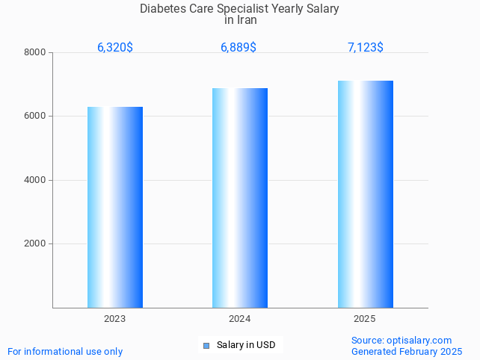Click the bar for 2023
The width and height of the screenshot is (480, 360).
[115, 207]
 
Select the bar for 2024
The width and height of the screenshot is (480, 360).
[240, 198]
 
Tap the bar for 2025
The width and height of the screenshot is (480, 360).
[365, 194]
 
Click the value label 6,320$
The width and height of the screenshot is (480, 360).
[115, 48]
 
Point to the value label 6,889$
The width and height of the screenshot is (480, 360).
[239, 48]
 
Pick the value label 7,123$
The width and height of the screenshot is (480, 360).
[366, 48]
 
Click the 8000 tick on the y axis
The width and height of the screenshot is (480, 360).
[35, 53]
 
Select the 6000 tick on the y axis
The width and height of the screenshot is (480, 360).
[35, 117]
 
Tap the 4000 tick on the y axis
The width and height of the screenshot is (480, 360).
[35, 180]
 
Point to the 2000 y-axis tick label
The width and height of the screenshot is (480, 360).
[35, 244]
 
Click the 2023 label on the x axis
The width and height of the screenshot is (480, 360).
[115, 319]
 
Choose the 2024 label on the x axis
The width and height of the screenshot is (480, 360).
[240, 319]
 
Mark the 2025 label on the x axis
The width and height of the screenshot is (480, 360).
[365, 319]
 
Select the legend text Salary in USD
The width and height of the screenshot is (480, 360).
[246, 345]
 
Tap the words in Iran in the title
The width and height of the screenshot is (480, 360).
[241, 20]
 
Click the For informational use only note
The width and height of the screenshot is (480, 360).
[65, 351]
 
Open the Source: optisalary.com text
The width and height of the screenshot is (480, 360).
[401, 340]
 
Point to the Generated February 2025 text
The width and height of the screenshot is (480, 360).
[407, 351]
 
